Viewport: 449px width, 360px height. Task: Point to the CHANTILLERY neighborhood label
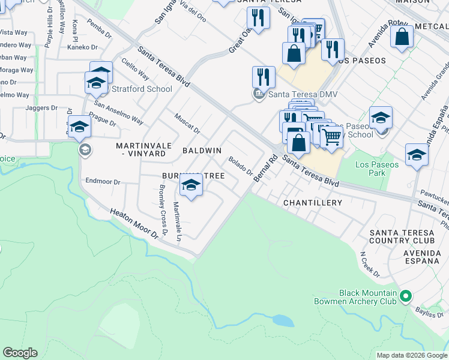click(313, 203)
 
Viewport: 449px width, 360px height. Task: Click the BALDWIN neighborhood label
click(202, 150)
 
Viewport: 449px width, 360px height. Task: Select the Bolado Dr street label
click(240, 166)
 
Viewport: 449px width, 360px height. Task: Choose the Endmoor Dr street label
click(103, 181)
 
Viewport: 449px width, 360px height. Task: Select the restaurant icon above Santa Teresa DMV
click(264, 76)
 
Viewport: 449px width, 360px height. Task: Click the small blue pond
click(283, 321)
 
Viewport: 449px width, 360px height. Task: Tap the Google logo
click(20, 353)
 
